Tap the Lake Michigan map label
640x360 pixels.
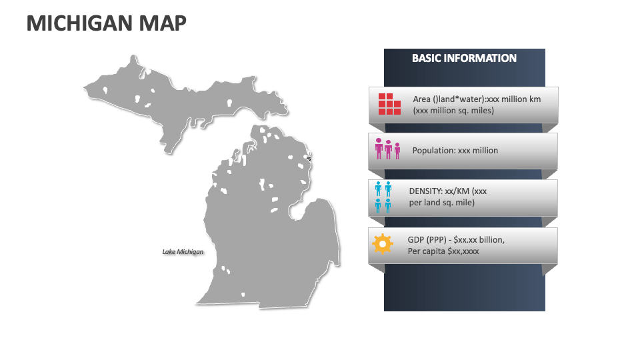[x=183, y=252]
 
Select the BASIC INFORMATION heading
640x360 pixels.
[x=464, y=58]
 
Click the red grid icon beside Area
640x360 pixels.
[x=389, y=104]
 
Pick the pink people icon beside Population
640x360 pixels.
[x=387, y=149]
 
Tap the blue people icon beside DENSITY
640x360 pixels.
[x=383, y=197]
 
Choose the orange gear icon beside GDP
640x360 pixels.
[x=382, y=243]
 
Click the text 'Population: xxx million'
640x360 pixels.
[x=455, y=151]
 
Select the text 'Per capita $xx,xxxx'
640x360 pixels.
[x=443, y=251]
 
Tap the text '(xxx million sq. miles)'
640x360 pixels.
[x=453, y=111]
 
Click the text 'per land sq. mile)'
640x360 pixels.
[x=442, y=203]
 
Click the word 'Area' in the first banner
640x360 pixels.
[x=422, y=99]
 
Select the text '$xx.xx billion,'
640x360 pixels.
[x=479, y=239]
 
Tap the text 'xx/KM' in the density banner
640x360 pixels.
[x=458, y=191]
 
